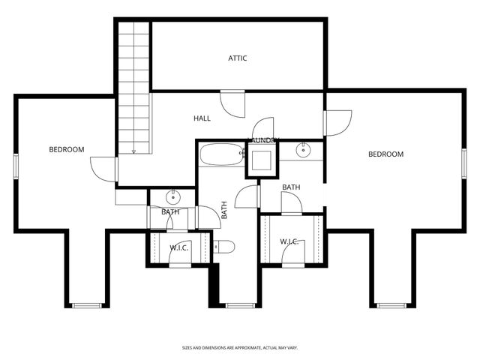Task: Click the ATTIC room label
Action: [x=238, y=58]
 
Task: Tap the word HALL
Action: [x=202, y=118]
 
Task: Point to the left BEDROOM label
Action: [x=67, y=149]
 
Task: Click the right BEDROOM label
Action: [x=385, y=154]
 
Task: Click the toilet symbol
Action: [x=224, y=247]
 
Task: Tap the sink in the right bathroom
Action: [x=304, y=150]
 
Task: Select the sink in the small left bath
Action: [x=172, y=198]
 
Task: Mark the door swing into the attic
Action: [x=232, y=103]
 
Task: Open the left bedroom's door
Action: [x=105, y=169]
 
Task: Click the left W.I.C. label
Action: [x=178, y=248]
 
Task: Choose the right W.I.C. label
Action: [x=289, y=241]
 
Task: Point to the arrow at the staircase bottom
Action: [x=133, y=151]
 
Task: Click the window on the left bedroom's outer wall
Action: [x=16, y=165]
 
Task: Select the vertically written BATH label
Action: [x=223, y=209]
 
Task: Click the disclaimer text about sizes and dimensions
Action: [x=240, y=348]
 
